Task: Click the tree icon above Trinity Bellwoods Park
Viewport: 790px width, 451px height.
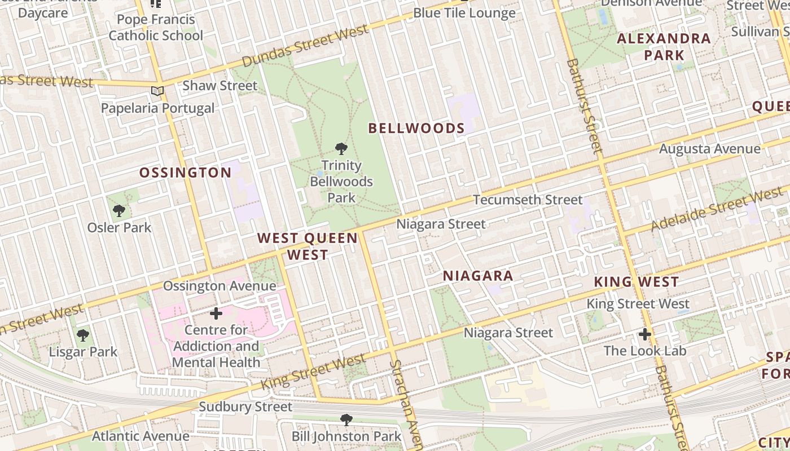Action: [341, 149]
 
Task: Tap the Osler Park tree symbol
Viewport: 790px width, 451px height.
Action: [119, 211]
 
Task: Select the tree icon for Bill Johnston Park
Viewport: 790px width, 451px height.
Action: [346, 419]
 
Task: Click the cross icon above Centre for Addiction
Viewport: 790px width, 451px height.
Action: [216, 313]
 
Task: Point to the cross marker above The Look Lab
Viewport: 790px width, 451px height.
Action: [645, 334]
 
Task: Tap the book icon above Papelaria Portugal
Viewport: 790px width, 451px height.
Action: [157, 91]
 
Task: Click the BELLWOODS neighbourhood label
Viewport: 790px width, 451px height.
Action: [416, 128]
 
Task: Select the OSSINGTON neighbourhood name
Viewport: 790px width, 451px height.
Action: [185, 173]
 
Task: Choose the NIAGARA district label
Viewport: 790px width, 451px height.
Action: [478, 276]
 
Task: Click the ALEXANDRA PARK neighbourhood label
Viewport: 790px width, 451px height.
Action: [664, 47]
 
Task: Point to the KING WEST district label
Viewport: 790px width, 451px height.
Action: [636, 282]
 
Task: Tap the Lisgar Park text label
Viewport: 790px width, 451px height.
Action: [83, 352]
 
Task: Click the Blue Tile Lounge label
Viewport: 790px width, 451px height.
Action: [464, 13]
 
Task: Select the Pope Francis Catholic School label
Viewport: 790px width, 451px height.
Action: [156, 27]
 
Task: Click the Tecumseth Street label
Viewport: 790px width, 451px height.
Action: [528, 200]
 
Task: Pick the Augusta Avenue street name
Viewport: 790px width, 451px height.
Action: [710, 149]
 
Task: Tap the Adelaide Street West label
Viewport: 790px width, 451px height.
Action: [717, 210]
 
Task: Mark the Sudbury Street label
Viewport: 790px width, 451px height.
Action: [245, 406]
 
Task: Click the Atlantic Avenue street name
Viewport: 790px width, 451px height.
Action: [141, 436]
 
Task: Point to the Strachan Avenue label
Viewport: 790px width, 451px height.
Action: [407, 406]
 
